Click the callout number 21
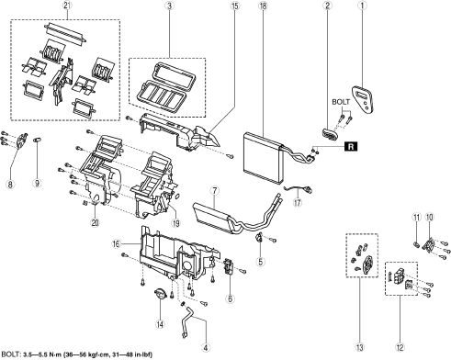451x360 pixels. [x=67, y=6]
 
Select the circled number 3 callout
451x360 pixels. [x=170, y=6]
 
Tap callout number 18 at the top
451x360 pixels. [x=263, y=6]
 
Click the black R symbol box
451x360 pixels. [x=351, y=147]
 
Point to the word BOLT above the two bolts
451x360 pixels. [x=341, y=102]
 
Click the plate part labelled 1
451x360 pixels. [x=363, y=99]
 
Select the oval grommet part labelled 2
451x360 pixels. [x=329, y=134]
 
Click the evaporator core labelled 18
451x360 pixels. [x=264, y=158]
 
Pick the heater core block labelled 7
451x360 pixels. [x=212, y=216]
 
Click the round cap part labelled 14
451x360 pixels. [x=160, y=294]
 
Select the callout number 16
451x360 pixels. [x=117, y=244]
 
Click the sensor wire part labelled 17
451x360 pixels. [x=298, y=190]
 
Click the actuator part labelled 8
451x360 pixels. [x=22, y=141]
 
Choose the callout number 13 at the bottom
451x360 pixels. [x=359, y=347]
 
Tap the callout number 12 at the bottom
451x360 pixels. [x=400, y=347]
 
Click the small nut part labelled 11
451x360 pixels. [x=416, y=244]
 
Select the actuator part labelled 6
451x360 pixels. [x=229, y=267]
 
